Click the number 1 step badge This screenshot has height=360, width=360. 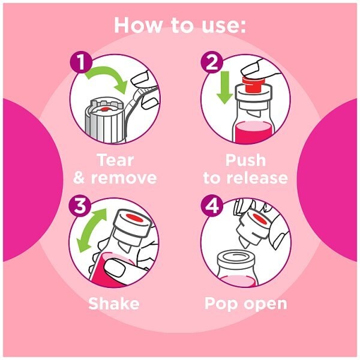click(x=81, y=62)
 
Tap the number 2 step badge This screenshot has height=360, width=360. click(x=212, y=62)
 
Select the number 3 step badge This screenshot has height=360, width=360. click(x=80, y=205)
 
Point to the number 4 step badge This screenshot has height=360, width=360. click(x=212, y=205)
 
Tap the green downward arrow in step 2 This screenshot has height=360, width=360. click(x=224, y=87)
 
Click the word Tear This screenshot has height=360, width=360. click(x=115, y=160)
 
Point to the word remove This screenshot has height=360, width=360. click(x=124, y=178)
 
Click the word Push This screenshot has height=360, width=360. click(x=245, y=160)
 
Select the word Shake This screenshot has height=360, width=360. click(x=114, y=303)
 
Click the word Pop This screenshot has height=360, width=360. click(x=221, y=304)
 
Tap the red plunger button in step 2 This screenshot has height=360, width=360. click(x=254, y=84)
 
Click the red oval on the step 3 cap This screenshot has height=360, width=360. click(x=135, y=218)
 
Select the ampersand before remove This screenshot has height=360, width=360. click(x=79, y=178)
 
